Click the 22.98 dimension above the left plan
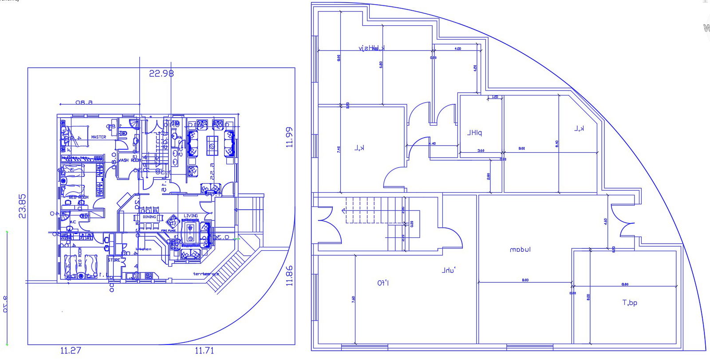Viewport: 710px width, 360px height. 161,74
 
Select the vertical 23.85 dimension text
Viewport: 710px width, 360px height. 22,206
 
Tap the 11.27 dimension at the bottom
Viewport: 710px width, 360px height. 71,351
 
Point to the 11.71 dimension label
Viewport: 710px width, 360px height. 204,351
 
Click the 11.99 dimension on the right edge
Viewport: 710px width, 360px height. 289,137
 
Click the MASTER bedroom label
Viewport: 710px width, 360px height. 99,137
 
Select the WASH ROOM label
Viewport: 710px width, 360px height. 129,160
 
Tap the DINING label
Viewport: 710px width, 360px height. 149,217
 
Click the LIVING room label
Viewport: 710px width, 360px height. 191,216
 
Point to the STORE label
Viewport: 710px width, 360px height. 114,260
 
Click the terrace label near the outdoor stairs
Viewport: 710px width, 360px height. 206,274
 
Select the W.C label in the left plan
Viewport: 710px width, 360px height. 73,222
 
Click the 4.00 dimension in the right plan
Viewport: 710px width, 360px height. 458,49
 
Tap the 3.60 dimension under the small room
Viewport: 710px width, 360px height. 481,151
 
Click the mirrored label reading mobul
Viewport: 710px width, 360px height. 520,250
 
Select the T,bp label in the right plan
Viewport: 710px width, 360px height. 630,303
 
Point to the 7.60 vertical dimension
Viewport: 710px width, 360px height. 353,299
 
